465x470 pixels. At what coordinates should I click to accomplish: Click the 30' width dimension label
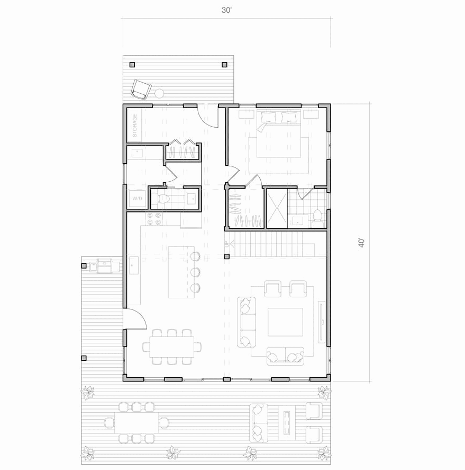click(226, 10)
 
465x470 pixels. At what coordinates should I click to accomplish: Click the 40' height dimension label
click(362, 243)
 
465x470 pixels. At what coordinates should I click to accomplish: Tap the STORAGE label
click(135, 125)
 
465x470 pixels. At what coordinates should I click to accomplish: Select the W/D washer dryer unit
click(138, 199)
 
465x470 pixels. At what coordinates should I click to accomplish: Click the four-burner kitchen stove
click(154, 218)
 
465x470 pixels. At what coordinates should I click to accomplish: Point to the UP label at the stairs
click(227, 244)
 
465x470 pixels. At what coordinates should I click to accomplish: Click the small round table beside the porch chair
click(159, 93)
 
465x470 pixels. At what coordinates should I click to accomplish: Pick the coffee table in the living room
click(285, 322)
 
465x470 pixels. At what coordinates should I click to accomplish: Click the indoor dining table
click(172, 347)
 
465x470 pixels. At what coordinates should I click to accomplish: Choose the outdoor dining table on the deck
click(136, 423)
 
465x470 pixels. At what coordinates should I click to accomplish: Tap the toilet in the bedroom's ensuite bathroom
click(317, 218)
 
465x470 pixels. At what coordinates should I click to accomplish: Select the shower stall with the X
click(277, 208)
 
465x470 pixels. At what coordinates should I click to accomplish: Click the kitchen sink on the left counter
click(133, 265)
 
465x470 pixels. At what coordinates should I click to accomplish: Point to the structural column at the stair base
click(227, 256)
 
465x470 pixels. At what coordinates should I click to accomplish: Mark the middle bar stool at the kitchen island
click(195, 272)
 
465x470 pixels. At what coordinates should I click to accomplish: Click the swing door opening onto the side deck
click(136, 318)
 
